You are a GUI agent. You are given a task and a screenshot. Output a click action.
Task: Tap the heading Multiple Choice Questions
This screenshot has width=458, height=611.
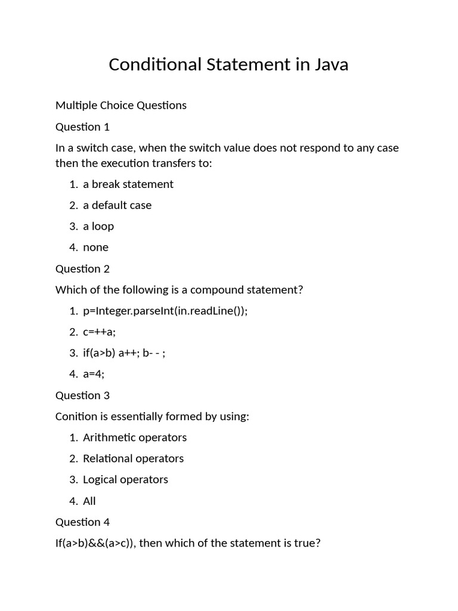120,106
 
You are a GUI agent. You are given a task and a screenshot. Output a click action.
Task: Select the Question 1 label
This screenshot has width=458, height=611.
82,126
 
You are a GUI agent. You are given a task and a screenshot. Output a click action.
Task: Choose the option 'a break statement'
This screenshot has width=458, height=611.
128,184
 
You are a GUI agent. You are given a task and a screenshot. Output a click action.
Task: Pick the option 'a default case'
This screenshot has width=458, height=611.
117,205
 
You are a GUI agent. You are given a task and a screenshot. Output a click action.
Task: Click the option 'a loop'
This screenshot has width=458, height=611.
98,226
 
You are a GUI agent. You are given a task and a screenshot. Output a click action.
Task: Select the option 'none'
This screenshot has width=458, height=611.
95,247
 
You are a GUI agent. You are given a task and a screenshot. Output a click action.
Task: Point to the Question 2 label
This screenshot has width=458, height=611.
82,269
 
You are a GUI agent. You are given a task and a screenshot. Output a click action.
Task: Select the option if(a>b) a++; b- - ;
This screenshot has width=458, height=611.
124,353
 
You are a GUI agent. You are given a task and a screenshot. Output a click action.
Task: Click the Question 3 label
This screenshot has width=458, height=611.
82,395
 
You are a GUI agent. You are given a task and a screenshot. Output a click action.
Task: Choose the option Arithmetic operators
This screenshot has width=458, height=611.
135,437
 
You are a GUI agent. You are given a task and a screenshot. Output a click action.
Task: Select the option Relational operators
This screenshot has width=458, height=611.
133,458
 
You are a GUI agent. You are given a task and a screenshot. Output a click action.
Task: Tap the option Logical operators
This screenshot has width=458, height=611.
125,480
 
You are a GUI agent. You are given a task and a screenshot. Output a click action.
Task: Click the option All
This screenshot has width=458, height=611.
89,501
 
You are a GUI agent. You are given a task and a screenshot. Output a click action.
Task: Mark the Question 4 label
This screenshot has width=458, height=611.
82,522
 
